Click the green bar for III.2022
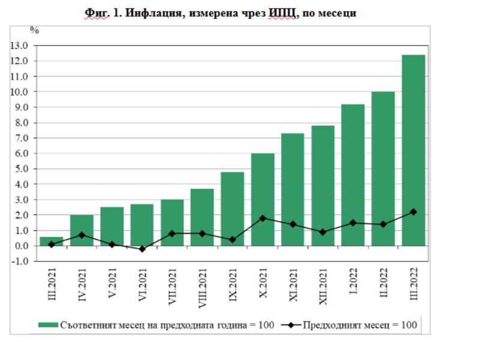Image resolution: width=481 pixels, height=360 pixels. point(413,150)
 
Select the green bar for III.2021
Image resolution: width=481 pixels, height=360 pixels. point(51,241)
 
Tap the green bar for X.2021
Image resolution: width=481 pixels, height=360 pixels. point(262,200)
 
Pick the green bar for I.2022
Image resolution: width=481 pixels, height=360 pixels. point(353,175)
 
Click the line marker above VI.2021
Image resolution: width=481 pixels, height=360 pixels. point(142,249)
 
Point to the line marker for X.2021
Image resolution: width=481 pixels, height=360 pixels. point(262,218)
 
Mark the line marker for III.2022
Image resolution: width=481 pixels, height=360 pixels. point(413,212)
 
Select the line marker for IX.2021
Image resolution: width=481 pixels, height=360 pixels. point(232,240)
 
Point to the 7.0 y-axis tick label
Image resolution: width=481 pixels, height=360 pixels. point(21,138)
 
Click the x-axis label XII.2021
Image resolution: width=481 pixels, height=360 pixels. point(322,287)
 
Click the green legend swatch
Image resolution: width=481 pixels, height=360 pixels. point(47,325)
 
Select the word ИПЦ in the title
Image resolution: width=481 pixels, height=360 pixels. point(281,13)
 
